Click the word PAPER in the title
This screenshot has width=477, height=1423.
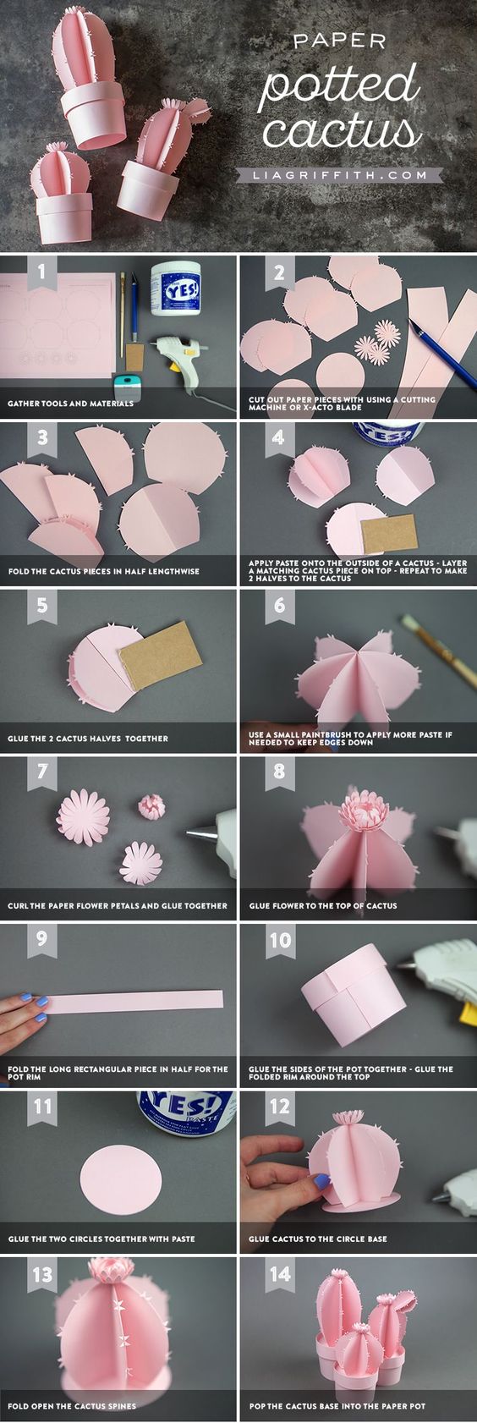point(339,42)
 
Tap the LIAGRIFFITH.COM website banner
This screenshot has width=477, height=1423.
point(339,174)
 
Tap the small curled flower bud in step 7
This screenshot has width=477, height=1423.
point(152,807)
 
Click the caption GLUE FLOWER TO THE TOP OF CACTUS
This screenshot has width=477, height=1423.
point(323,905)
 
